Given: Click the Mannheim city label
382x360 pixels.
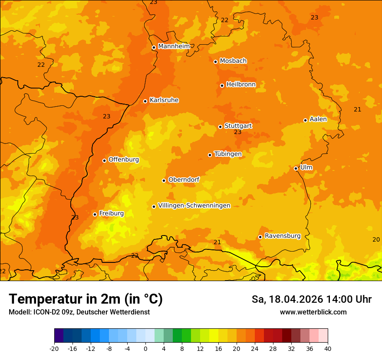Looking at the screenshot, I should pyautogui.click(x=174, y=46).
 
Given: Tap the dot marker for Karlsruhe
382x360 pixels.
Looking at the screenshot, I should pyautogui.click(x=145, y=101).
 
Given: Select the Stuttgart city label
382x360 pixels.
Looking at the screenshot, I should pyautogui.click(x=238, y=126).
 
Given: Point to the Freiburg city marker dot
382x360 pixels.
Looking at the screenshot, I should pyautogui.click(x=95, y=214).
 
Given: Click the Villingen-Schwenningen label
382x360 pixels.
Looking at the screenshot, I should pyautogui.click(x=194, y=206).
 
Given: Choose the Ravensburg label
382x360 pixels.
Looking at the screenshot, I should pyautogui.click(x=283, y=236).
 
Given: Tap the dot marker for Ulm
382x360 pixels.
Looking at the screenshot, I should pyautogui.click(x=296, y=168).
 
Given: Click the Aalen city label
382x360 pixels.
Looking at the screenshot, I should pyautogui.click(x=318, y=119).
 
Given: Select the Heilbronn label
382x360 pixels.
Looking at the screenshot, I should pyautogui.click(x=241, y=85).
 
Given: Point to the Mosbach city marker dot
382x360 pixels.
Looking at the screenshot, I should pyautogui.click(x=215, y=62).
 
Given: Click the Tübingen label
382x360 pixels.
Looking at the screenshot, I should pyautogui.click(x=228, y=154).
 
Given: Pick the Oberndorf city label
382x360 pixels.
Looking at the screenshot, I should pyautogui.click(x=184, y=180).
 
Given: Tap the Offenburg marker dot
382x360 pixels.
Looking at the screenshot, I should pyautogui.click(x=104, y=160).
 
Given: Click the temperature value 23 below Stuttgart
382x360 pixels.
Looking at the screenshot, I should pyautogui.click(x=237, y=132).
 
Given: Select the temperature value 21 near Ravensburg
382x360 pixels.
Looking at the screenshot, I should pyautogui.click(x=217, y=242).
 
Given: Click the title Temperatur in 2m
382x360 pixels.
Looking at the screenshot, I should pyautogui.click(x=86, y=299).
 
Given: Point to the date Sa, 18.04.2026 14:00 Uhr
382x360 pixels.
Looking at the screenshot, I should pyautogui.click(x=311, y=299).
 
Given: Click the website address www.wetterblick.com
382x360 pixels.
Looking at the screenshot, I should pyautogui.click(x=313, y=312).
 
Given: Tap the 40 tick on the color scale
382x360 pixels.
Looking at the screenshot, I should pyautogui.click(x=327, y=348).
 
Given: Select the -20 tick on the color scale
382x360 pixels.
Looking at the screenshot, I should pyautogui.click(x=54, y=348).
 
